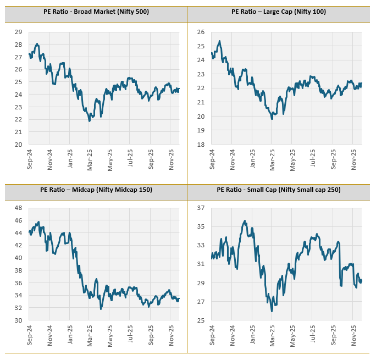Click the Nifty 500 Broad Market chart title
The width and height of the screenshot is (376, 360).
[x=96, y=12]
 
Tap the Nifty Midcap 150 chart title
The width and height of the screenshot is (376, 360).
[x=96, y=190]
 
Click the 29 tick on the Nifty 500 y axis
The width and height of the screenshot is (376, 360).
[x=19, y=32]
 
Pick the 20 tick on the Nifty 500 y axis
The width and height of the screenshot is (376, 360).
[x=19, y=145]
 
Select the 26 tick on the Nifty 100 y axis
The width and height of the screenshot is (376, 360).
[x=201, y=32]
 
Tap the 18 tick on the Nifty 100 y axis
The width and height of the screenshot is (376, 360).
[x=201, y=145]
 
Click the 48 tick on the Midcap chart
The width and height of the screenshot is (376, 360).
[x=19, y=208]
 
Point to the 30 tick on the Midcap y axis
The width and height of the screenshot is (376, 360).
[x=19, y=320]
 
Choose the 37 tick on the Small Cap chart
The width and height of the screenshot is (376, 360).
[x=201, y=208]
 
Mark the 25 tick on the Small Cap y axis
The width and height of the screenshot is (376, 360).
[x=201, y=320]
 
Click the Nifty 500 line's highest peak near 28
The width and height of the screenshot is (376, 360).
[x=37, y=44]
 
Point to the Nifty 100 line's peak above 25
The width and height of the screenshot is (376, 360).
[x=219, y=41]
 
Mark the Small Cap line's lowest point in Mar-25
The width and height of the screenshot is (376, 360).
[x=272, y=311]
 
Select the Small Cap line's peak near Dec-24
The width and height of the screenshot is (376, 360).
[x=245, y=221]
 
